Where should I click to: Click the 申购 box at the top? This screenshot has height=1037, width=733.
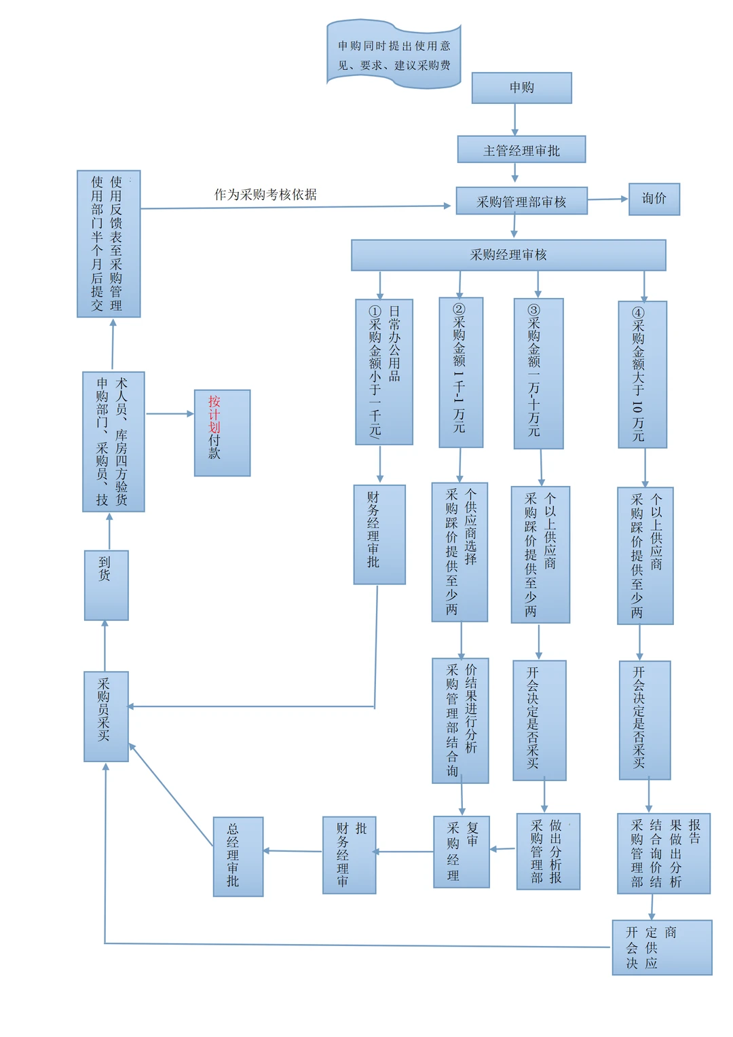521,88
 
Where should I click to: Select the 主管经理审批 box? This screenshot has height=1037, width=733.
521,150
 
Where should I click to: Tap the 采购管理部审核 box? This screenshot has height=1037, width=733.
521,202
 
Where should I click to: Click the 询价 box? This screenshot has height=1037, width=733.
654,199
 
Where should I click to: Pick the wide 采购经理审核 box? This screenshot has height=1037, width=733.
508,255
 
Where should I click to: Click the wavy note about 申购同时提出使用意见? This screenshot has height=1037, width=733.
394,55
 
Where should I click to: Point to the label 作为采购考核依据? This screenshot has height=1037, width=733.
265,195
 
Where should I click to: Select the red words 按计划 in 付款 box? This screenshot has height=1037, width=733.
214,413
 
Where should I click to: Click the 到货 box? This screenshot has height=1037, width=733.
106,585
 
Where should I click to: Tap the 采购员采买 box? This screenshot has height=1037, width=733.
106,716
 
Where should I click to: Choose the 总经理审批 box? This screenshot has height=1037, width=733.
238,856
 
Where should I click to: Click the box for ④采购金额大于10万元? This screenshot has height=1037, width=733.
642,375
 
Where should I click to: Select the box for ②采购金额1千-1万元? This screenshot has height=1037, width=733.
461,373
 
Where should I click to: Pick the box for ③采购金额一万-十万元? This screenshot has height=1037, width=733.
538,373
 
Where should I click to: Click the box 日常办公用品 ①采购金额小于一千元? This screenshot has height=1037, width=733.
383,372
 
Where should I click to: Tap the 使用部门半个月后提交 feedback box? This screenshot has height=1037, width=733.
109,244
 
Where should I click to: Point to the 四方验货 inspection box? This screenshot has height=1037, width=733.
113,442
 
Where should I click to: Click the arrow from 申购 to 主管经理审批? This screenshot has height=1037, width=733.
514,119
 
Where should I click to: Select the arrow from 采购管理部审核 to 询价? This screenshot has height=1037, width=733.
607,200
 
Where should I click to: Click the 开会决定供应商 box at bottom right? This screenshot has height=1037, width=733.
662,947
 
